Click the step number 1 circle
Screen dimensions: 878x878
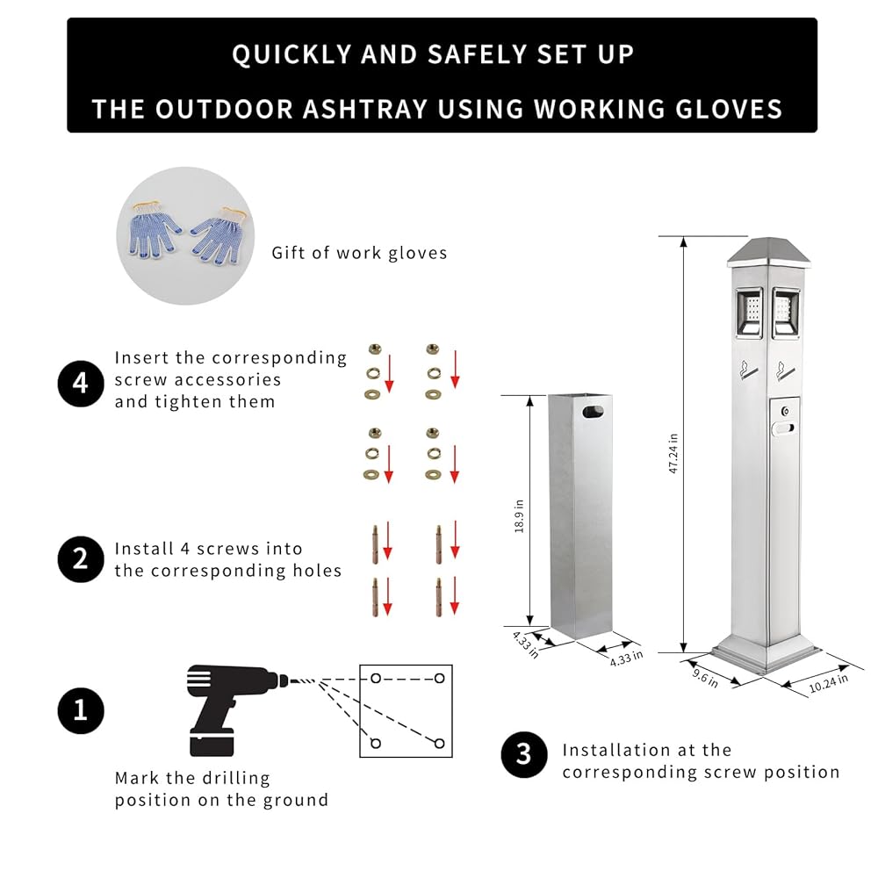(x=81, y=710)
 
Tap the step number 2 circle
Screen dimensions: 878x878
(x=81, y=559)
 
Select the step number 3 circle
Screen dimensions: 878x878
(x=524, y=754)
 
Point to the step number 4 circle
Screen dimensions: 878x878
(x=81, y=384)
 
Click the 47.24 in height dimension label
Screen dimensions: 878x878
(x=673, y=453)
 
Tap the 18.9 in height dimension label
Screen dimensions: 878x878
(x=519, y=515)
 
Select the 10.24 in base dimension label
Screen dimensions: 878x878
(x=828, y=683)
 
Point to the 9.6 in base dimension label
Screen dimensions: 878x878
(x=704, y=678)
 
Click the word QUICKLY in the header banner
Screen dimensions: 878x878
(x=291, y=54)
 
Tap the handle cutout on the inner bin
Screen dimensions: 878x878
(x=593, y=413)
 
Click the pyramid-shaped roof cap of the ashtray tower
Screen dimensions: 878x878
(x=768, y=251)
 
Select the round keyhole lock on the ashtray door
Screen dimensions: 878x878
(x=785, y=412)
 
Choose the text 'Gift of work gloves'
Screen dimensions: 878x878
(x=359, y=253)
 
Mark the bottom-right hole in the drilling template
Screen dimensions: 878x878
(x=440, y=744)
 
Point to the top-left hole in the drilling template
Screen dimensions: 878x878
(x=376, y=679)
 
